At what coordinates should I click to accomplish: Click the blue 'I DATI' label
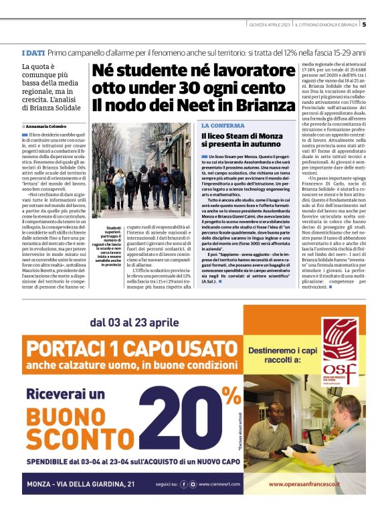[x=33, y=52]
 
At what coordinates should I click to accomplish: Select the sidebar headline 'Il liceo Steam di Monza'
[x=239, y=136]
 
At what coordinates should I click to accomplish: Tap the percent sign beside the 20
[x=233, y=395]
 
